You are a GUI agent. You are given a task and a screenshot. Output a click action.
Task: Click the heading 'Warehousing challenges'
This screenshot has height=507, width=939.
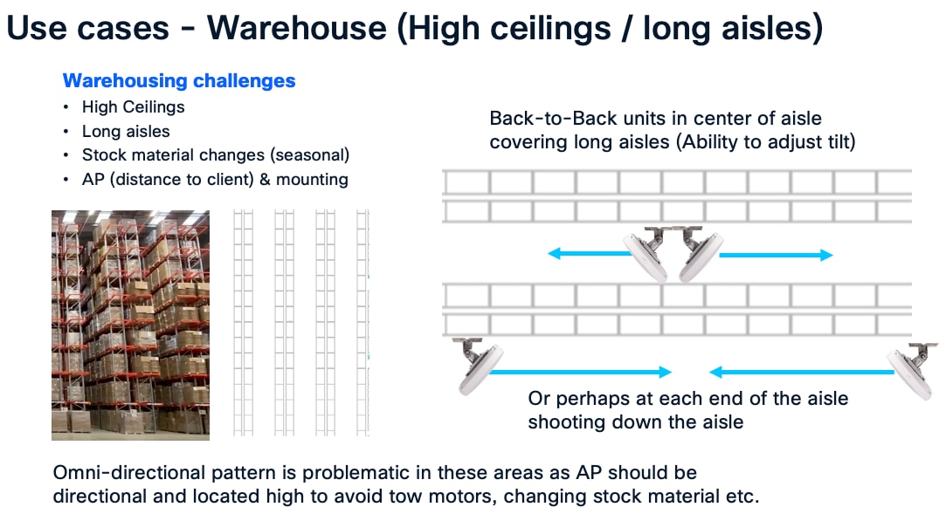[179, 81]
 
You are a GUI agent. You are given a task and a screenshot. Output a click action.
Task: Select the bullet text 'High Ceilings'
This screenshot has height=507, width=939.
[134, 107]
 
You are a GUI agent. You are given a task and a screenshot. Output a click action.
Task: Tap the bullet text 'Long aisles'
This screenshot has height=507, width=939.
[126, 132]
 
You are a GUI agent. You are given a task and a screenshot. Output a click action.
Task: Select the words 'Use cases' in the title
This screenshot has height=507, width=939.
[87, 28]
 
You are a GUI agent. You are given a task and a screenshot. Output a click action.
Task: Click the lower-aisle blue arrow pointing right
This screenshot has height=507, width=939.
[580, 373]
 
